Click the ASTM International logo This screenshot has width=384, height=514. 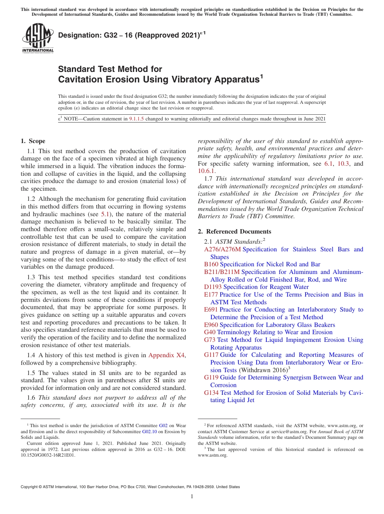38,38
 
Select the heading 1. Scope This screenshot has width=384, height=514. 33,141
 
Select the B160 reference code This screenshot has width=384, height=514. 211,264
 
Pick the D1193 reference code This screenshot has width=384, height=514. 213,287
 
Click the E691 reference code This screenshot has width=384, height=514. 211,310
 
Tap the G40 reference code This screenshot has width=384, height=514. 210,332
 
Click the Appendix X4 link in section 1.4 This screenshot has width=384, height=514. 166,355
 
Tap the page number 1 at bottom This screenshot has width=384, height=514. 192,497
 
